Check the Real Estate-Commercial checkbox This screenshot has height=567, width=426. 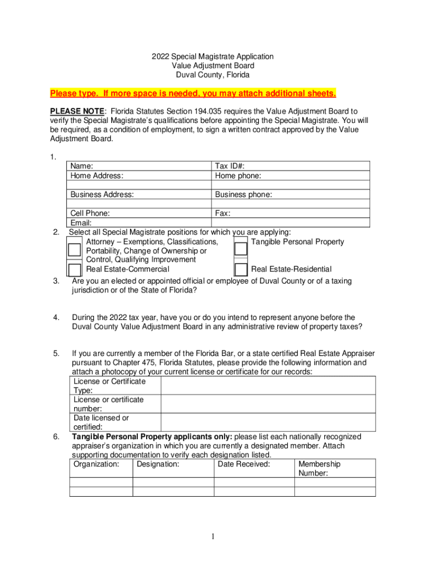tap(74, 269)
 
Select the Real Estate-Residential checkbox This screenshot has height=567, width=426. tap(240, 269)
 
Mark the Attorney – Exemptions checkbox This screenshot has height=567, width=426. tap(74, 249)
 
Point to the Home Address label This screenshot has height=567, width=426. tap(97, 176)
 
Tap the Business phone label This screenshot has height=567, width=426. tap(243, 194)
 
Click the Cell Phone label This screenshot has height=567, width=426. tap(90, 213)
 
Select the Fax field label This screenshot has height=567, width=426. tap(223, 213)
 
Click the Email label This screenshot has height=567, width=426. tap(81, 223)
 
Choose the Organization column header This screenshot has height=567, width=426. tap(96, 464)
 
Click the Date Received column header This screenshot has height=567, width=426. tap(244, 464)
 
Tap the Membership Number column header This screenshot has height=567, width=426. tap(319, 468)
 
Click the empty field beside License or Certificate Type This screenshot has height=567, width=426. tap(268, 385)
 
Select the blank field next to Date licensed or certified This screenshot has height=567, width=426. tap(268, 422)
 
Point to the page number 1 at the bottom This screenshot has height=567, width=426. tap(212, 537)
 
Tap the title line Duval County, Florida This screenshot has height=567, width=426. tap(213, 75)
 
